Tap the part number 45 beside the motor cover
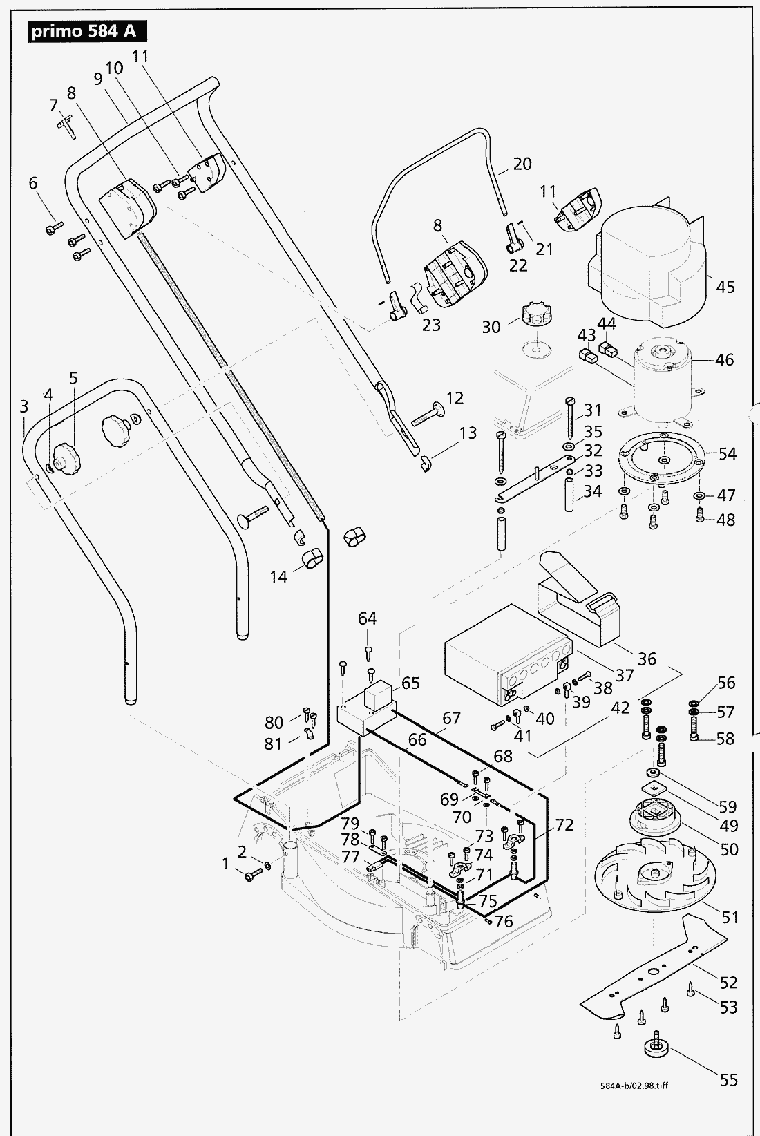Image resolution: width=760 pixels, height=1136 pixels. pos(725,287)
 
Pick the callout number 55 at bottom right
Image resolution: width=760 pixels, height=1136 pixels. pos(728,1079)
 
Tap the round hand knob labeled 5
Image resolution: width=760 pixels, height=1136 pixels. pos(67,457)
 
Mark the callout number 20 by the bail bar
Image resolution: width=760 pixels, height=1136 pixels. pos(522,164)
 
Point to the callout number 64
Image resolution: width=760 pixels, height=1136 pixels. pos(367,618)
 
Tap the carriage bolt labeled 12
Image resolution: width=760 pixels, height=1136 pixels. pos(430,416)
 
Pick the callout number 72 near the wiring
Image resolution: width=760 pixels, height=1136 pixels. pos(564,824)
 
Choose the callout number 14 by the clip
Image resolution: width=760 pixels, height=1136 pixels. pos(278,576)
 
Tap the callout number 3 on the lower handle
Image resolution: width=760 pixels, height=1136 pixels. pos(24,406)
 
